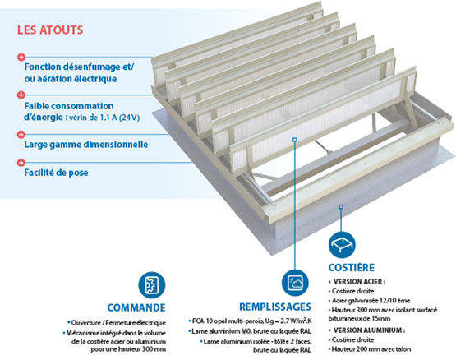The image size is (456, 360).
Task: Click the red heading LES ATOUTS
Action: (50, 30)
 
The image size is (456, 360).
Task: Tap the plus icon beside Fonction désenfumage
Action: (21, 57)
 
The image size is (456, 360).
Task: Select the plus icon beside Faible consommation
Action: (21, 95)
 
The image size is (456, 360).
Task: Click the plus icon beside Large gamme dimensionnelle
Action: (21, 134)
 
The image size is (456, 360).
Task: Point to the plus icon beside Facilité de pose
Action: (21, 163)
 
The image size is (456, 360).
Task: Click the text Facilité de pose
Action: (56, 173)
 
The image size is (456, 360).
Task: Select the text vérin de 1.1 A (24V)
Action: (104, 118)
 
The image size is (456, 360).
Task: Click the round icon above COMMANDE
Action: (151, 285)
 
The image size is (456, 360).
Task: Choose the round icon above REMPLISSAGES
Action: (295, 283)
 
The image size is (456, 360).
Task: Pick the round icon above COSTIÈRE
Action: (342, 245)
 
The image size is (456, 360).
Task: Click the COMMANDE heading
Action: (136, 307)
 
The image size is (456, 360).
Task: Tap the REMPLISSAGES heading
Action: (275, 307)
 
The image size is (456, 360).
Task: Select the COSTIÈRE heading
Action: (352, 267)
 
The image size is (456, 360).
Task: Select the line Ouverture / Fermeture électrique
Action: (117, 323)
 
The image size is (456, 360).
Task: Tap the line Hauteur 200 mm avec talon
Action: (370, 349)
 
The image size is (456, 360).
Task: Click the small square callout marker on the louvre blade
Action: (295, 140)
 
